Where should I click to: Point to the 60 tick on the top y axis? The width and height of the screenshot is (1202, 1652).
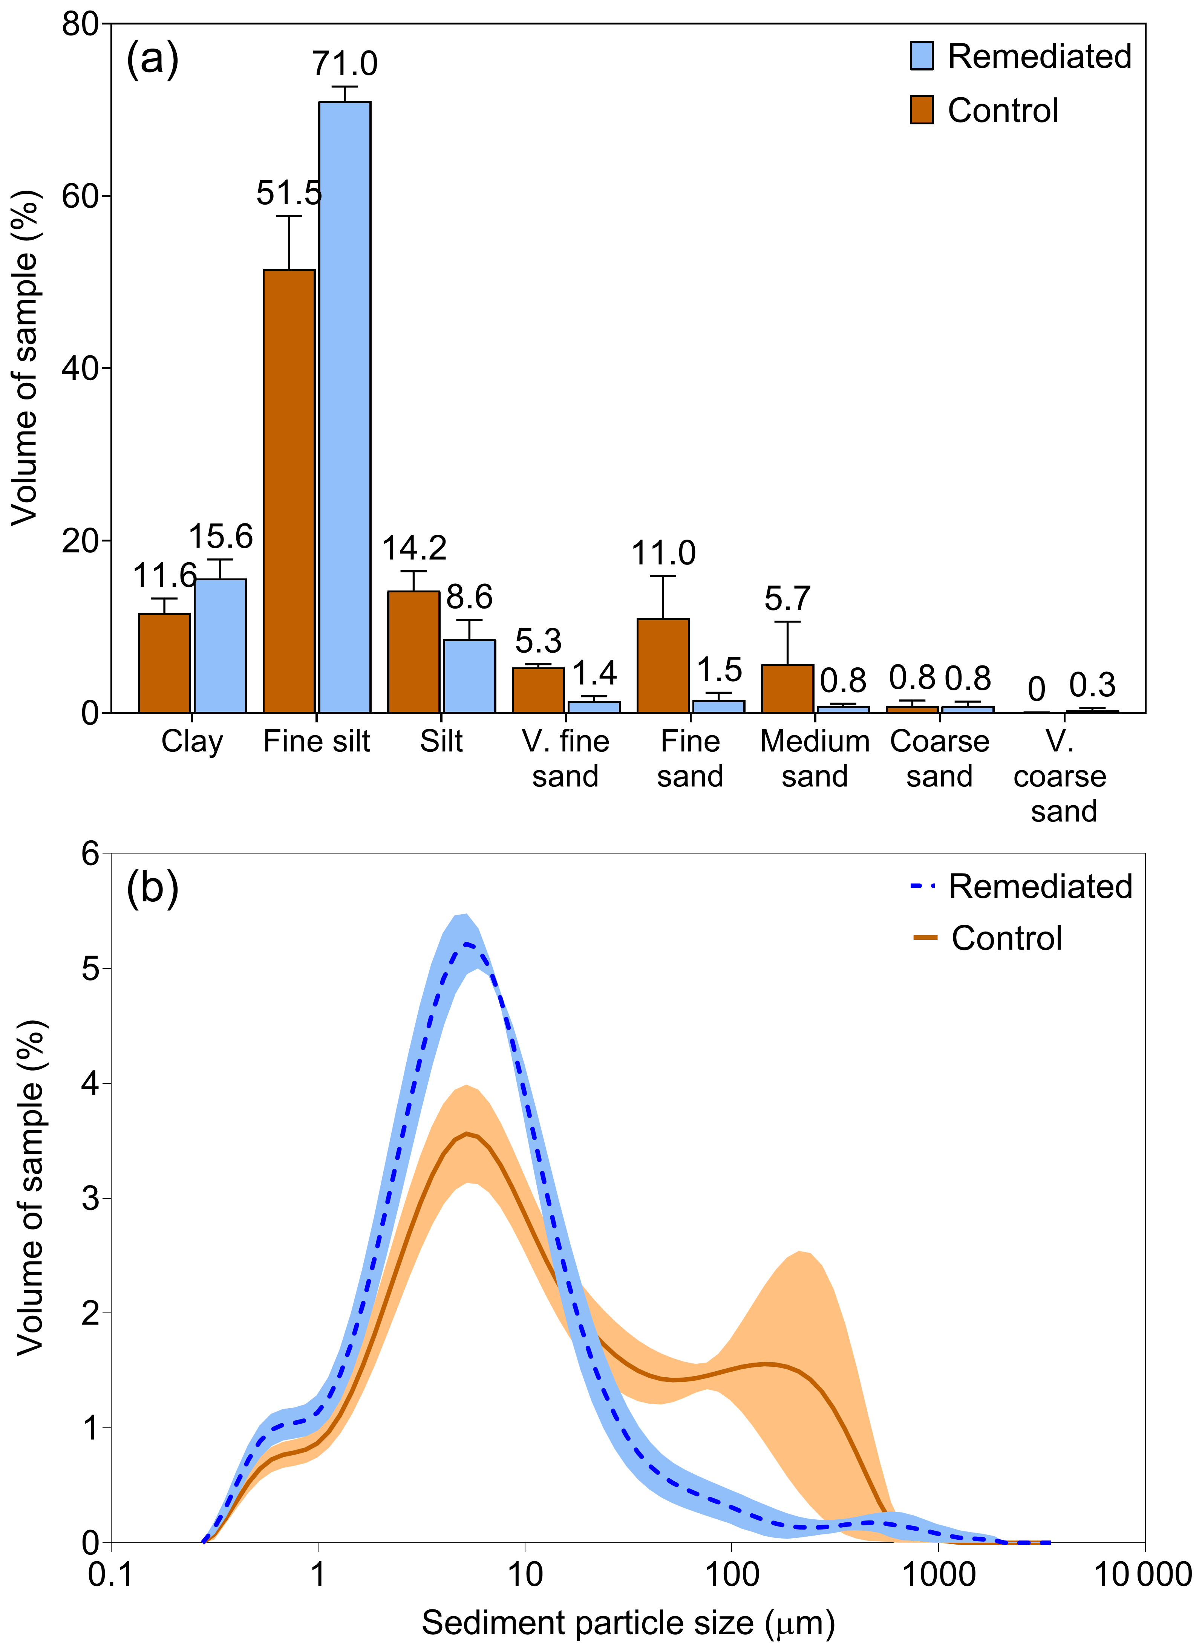(x=80, y=196)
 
